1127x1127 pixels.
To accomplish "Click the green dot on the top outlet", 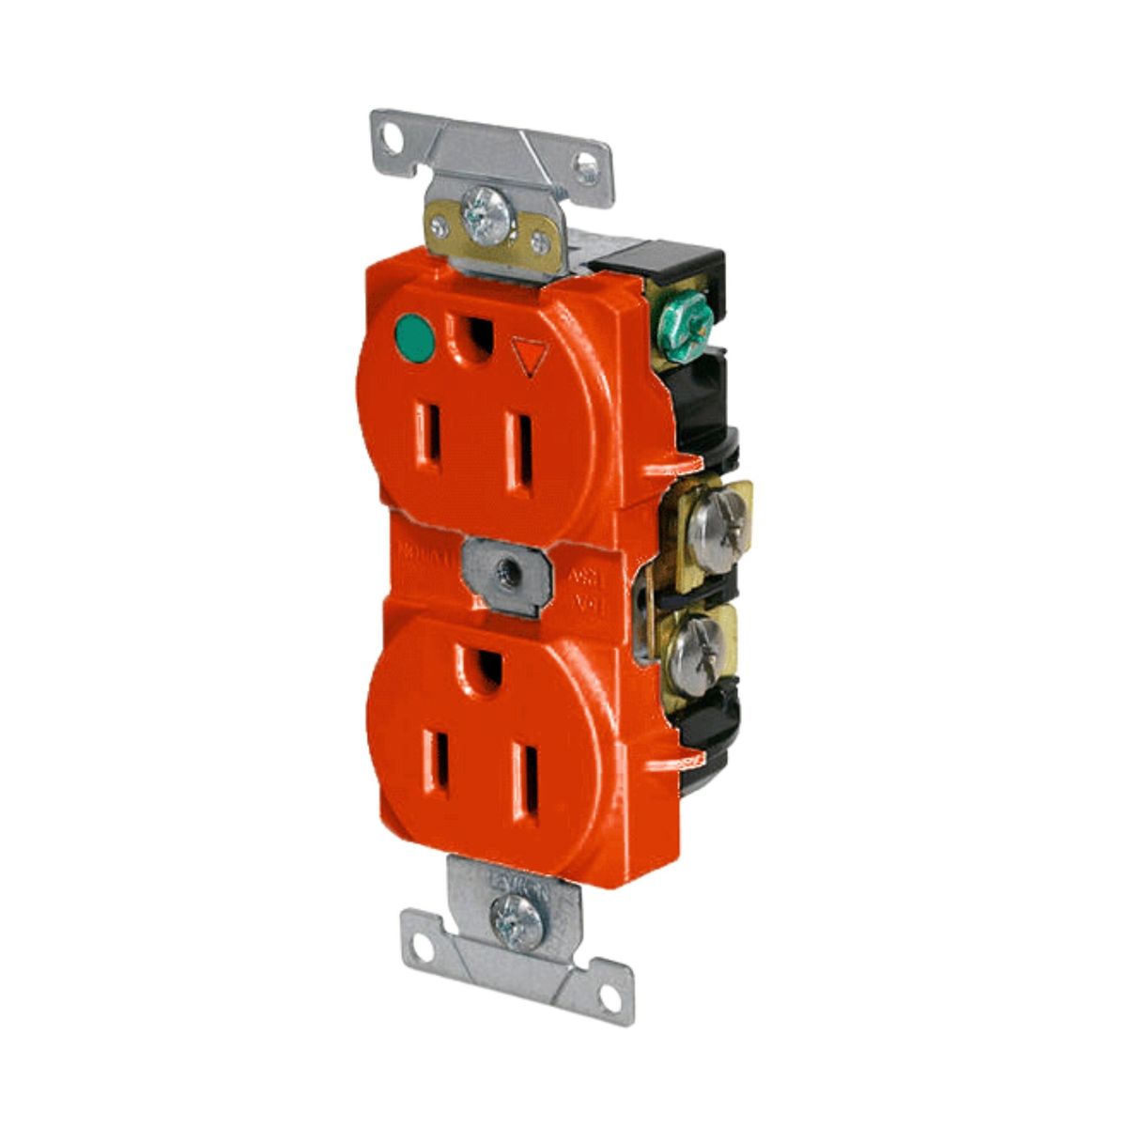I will point(410,333).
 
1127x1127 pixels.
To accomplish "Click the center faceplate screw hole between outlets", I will point(508,569).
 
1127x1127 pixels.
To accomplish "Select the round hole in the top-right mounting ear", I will point(588,170).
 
